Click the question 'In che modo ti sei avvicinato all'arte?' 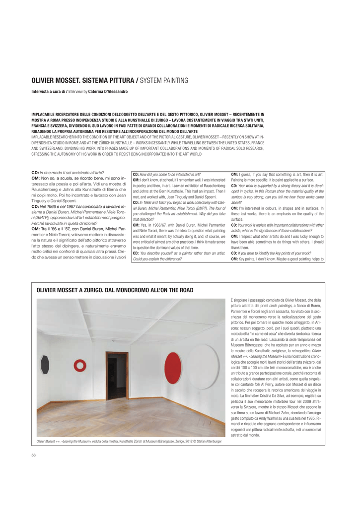click(x=64, y=171)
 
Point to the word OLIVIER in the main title click(x=45, y=80)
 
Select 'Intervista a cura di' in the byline click(x=47, y=92)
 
